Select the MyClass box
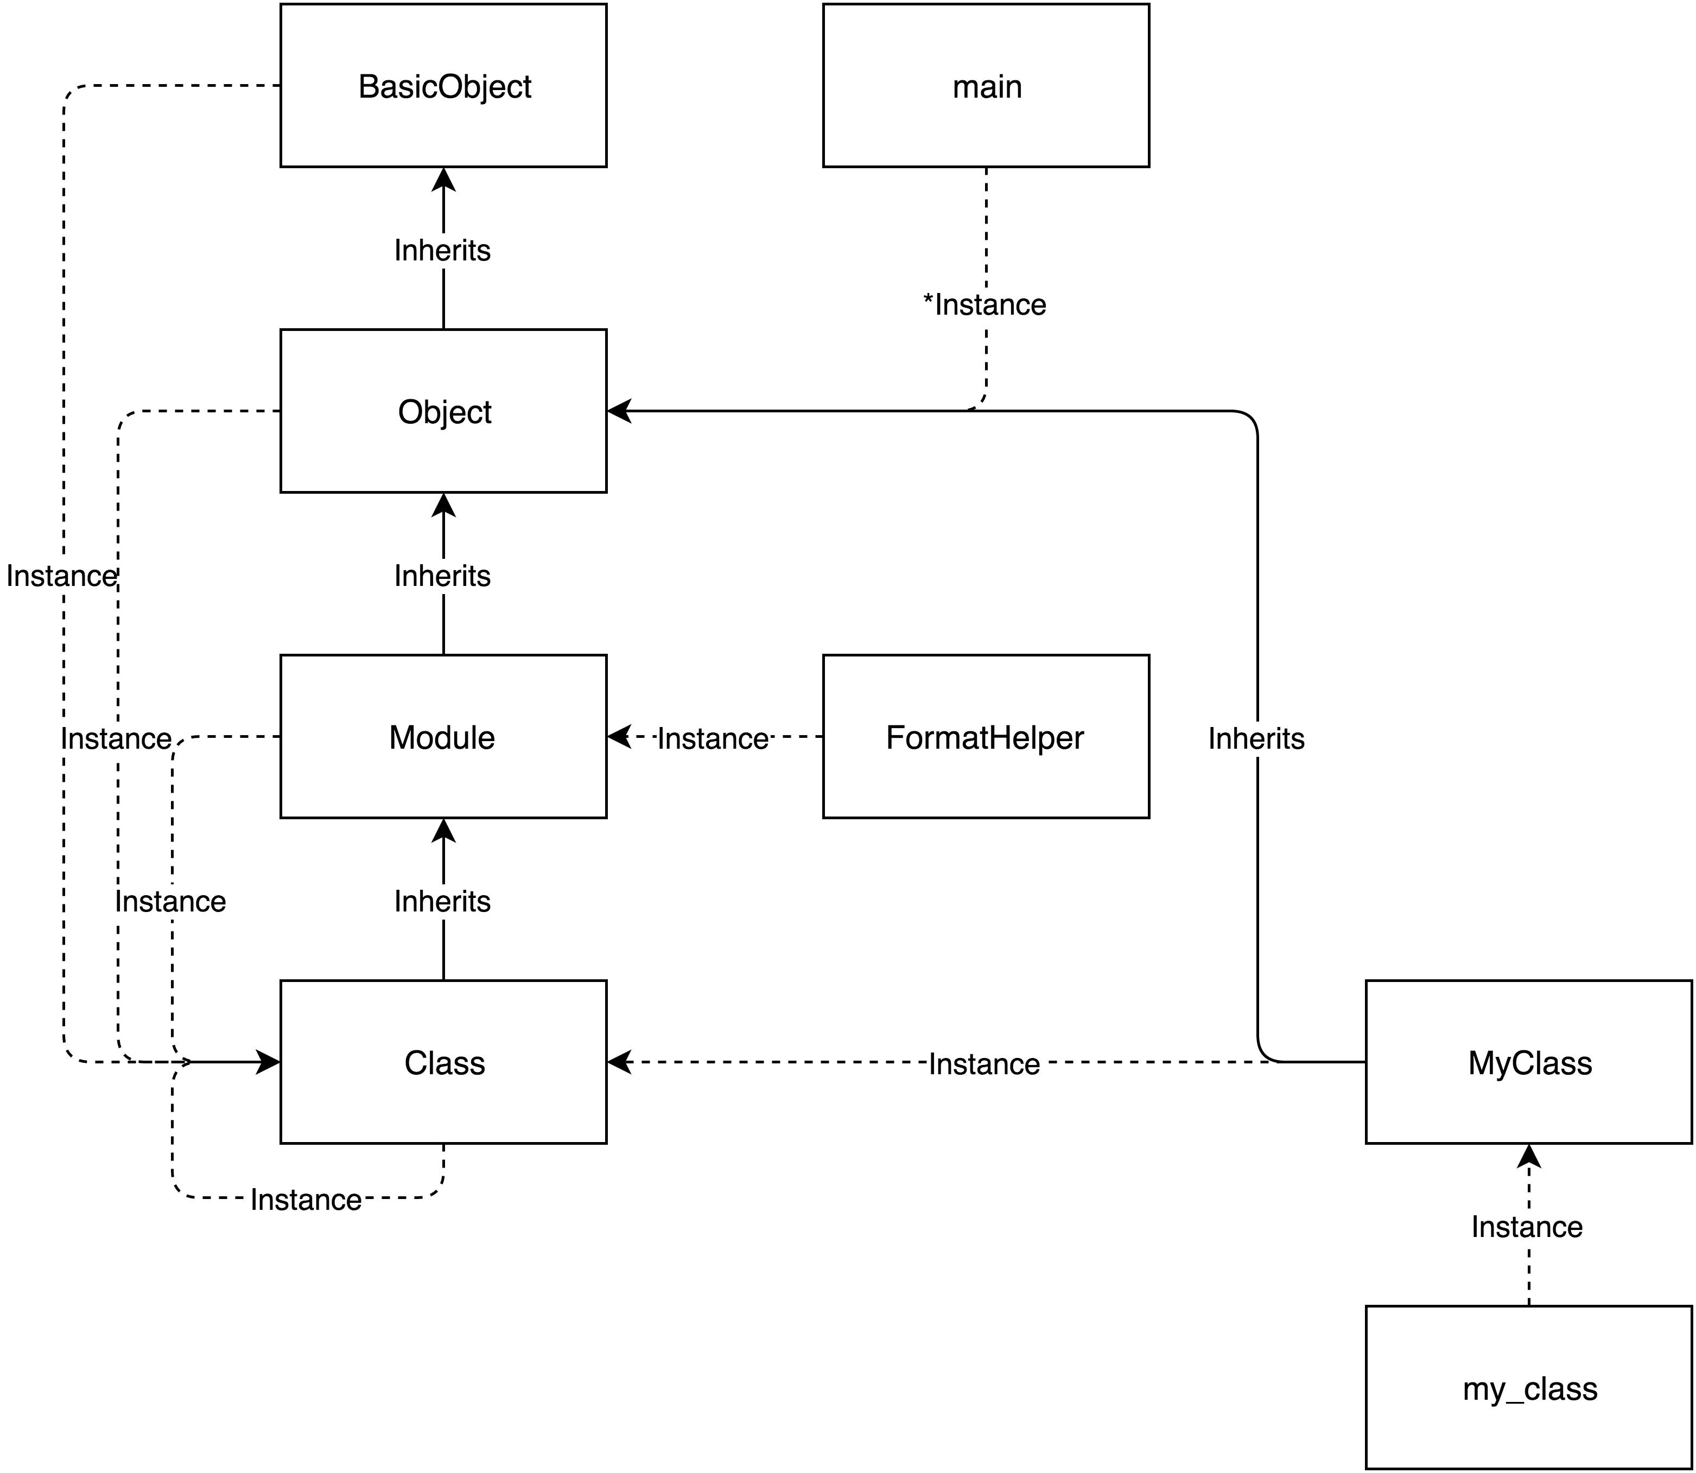coord(1528,1062)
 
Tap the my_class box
coord(1528,1387)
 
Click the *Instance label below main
coord(985,305)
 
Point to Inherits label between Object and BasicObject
coord(442,250)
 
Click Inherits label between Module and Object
coord(442,576)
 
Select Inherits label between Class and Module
coord(442,901)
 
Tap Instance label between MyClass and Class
coord(984,1063)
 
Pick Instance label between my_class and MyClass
coord(1527,1226)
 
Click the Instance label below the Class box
coord(306,1199)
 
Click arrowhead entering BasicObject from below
coord(444,179)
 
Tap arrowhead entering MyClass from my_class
coord(1528,1156)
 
